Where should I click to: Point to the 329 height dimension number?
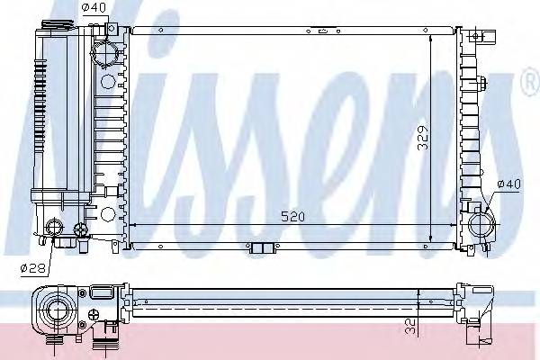coord(434,134)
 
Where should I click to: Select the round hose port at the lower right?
coord(477,220)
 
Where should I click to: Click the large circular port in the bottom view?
coord(55,310)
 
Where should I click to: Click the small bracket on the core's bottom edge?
coord(261,249)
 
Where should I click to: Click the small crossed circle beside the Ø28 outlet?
coord(81,229)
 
